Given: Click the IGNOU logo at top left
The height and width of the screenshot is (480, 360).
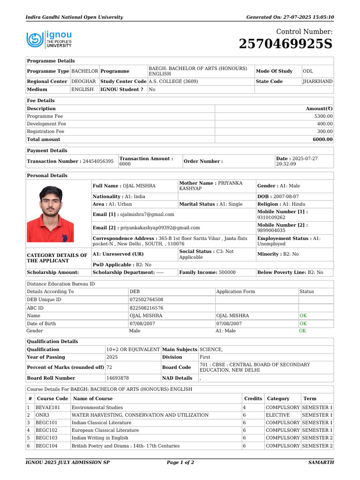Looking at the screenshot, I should coord(49,40).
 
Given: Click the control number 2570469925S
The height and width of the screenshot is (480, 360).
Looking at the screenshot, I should coord(285,44).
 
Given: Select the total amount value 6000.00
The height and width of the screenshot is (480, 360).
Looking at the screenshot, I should coord(323,139).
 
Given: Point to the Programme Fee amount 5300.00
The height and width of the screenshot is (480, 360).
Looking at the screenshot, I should coord(323,116).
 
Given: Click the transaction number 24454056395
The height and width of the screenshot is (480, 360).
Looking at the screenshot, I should coord(98,161).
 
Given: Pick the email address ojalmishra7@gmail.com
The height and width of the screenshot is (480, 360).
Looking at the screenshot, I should coord(147,214).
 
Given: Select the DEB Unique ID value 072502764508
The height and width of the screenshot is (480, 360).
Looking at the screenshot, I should coord(146,300).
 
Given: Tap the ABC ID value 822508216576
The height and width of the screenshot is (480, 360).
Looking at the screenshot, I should coord(146,308).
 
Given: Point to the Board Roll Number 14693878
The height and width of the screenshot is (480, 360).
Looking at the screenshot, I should coord(118,378).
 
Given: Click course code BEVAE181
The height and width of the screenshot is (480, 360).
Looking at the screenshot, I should coord(47,407).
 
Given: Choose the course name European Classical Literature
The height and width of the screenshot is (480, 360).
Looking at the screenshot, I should coord(105,430).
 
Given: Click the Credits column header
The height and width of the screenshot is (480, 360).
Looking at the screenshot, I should coord(253,398).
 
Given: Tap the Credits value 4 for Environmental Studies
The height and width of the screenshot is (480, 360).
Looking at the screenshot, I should coord(244,407).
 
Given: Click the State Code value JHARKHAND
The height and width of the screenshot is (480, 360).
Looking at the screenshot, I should coord(318,82).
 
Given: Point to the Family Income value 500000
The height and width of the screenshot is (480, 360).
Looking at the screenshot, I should coord(227,272).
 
